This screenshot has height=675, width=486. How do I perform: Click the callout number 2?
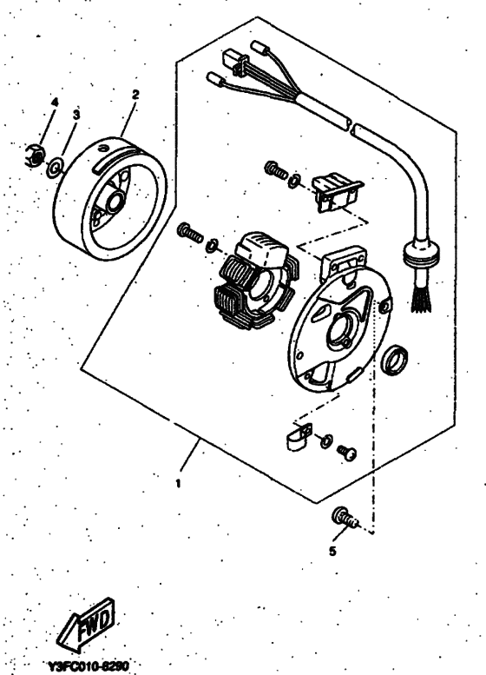[135, 92]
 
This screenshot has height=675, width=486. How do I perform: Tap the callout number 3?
[76, 114]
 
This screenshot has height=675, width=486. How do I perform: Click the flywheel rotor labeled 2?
[110, 191]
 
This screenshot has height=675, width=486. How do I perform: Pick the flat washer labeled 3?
[56, 164]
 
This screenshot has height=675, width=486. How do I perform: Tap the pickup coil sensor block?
[335, 191]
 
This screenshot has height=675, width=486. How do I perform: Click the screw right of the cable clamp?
[348, 452]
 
